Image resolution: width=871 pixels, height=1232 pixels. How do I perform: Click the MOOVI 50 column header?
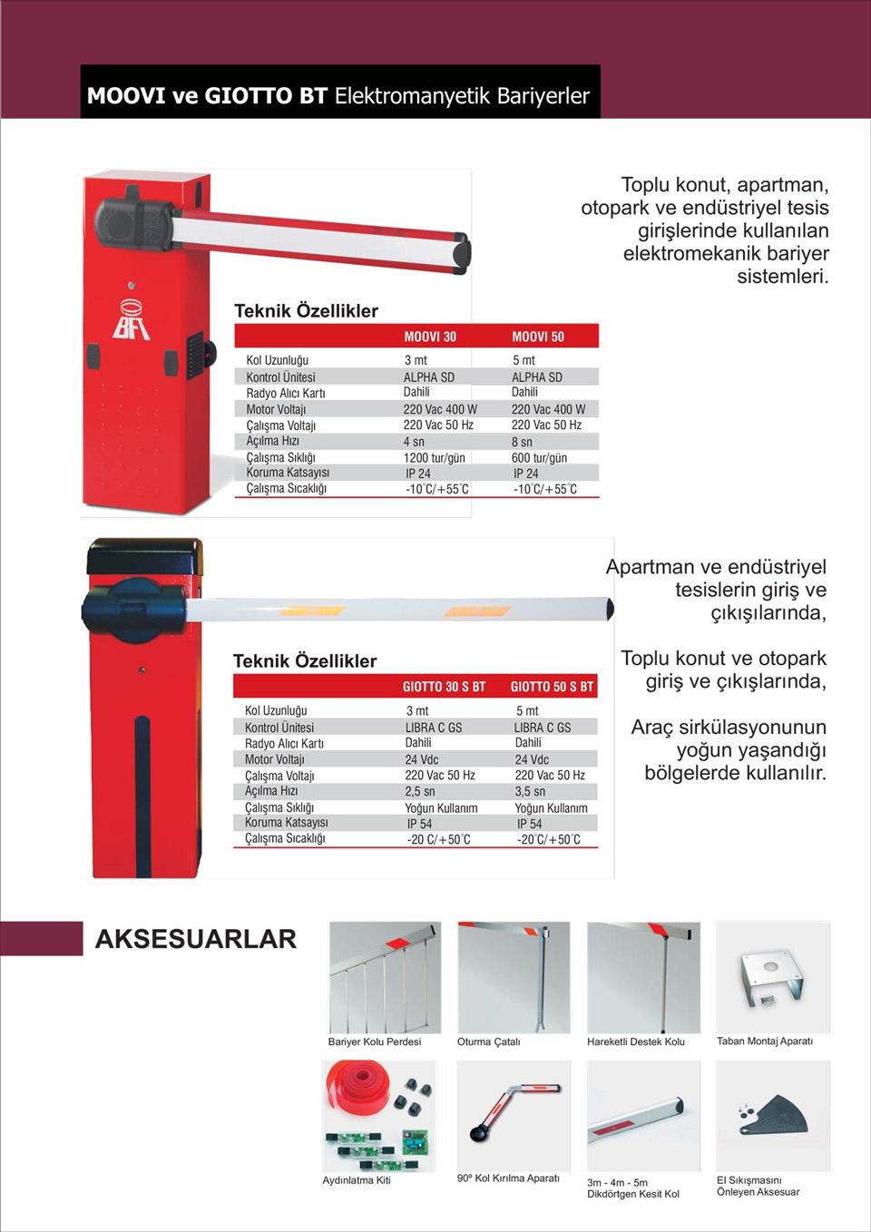[x=538, y=337]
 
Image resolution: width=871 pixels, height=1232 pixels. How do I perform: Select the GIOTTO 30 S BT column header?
[x=444, y=687]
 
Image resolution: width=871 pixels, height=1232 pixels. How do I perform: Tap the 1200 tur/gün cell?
[x=434, y=457]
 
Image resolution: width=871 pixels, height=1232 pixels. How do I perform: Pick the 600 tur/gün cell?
[x=539, y=457]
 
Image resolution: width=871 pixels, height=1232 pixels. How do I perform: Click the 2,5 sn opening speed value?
[x=420, y=791]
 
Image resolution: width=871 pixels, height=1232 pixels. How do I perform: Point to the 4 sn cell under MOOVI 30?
[x=414, y=442]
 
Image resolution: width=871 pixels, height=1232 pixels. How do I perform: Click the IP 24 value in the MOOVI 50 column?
[x=525, y=474]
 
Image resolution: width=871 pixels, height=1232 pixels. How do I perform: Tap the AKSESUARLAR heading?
[x=196, y=939]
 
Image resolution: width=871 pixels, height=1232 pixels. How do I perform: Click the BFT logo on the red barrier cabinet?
[x=132, y=319]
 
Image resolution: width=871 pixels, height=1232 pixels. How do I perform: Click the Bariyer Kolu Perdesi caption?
[x=375, y=1041]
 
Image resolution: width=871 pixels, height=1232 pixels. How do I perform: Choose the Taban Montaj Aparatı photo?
[x=772, y=977]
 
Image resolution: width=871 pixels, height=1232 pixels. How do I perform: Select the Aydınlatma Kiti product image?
[x=379, y=1116]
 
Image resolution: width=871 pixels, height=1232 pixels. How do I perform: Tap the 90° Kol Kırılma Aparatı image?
[x=514, y=1115]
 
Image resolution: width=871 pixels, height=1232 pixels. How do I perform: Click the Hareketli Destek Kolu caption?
[x=636, y=1041]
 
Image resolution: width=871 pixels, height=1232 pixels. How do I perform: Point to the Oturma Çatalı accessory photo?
[x=514, y=977]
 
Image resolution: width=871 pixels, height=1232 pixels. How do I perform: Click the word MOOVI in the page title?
[x=125, y=95]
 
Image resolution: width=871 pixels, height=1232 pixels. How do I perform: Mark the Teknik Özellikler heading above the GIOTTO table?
[x=305, y=660]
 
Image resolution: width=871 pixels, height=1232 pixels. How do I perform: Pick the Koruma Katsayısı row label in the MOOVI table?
[x=288, y=473]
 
